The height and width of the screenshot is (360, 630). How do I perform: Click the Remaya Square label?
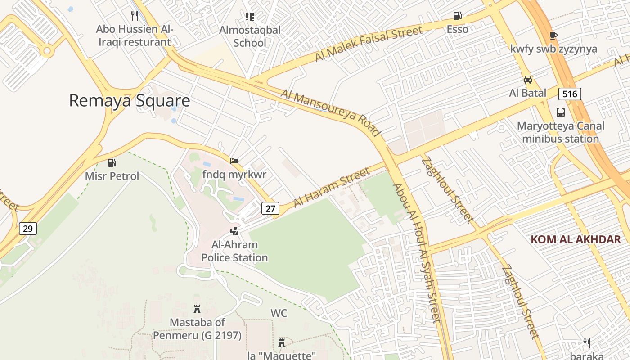tap(130, 101)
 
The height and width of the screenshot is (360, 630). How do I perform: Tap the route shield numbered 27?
tap(270, 208)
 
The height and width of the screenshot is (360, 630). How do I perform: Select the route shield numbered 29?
tap(27, 229)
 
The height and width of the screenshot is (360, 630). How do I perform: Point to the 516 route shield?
tap(570, 94)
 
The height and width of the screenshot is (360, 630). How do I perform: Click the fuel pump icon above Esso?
tap(457, 16)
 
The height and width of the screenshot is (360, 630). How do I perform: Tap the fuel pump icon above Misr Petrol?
tap(112, 163)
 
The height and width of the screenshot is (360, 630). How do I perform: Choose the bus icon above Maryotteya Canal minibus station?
tap(561, 112)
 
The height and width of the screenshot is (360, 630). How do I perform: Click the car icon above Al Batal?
tap(528, 80)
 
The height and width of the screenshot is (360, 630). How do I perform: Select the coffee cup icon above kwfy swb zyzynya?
tap(553, 36)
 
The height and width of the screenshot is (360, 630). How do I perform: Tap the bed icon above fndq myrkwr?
tap(234, 161)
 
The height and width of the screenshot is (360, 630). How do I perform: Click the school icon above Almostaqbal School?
tap(250, 17)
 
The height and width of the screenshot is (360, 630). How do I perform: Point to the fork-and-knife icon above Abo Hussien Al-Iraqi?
tap(134, 16)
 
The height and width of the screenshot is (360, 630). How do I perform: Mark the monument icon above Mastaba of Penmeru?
tap(197, 309)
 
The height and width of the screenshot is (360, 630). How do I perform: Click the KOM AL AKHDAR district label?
tap(576, 239)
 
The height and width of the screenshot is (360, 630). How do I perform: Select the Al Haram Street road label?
tap(331, 188)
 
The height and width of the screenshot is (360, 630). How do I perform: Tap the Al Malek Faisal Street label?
tap(369, 44)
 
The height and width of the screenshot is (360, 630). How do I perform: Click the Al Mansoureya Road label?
tap(331, 112)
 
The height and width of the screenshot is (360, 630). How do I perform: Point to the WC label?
tap(279, 313)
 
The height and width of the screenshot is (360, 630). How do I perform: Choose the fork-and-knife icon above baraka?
tap(586, 343)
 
